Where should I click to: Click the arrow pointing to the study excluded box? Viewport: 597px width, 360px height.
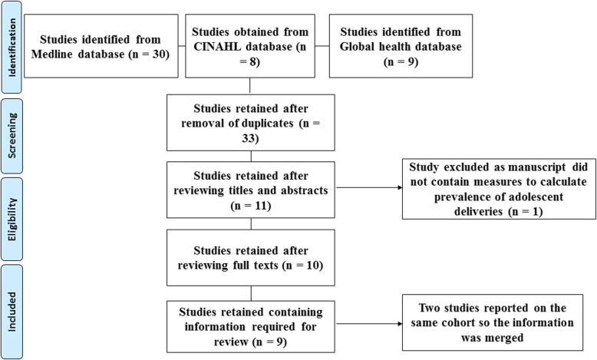(372, 187)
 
